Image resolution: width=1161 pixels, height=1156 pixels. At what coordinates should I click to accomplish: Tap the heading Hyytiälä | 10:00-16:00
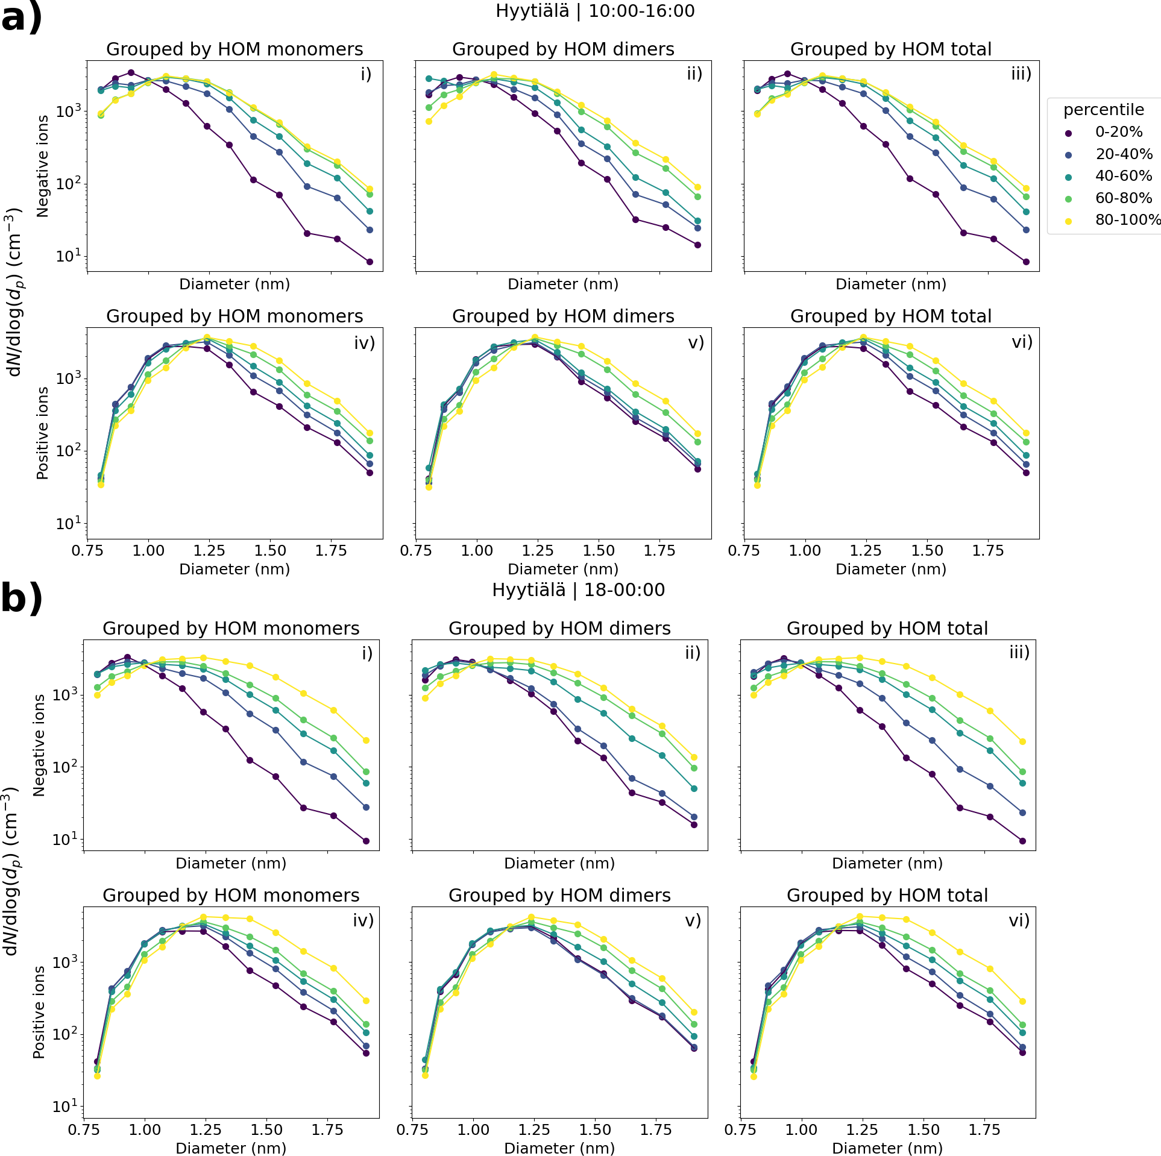click(595, 11)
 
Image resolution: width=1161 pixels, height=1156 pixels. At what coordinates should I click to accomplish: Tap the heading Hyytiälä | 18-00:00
click(578, 589)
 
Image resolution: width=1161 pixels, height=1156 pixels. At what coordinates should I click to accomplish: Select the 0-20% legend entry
click(1118, 132)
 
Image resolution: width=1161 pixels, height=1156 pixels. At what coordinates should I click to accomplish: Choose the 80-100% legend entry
click(1127, 220)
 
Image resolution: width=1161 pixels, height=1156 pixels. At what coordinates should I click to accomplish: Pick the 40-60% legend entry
click(1123, 176)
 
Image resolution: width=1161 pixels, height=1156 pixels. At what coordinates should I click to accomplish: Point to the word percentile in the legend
click(1103, 110)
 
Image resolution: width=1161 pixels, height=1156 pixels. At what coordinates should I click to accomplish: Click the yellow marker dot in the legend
click(1068, 221)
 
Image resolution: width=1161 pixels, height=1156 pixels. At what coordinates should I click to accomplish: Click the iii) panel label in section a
click(1021, 74)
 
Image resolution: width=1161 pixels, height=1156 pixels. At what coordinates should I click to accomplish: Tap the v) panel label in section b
click(693, 920)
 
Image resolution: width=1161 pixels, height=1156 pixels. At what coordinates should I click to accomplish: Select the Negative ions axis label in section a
click(42, 166)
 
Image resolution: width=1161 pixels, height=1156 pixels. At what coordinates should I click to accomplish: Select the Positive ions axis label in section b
click(39, 1012)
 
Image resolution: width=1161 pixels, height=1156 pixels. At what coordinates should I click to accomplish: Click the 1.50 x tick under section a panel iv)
click(270, 550)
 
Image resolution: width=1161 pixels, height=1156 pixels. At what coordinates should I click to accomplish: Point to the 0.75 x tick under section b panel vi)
click(740, 1129)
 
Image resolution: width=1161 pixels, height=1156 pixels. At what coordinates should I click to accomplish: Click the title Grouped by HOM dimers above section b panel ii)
click(559, 628)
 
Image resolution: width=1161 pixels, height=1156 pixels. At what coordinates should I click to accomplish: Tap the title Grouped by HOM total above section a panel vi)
click(891, 316)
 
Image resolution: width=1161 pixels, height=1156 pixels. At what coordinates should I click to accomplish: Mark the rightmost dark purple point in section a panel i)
click(370, 262)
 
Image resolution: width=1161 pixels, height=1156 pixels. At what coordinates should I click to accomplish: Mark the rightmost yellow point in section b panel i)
click(366, 740)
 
